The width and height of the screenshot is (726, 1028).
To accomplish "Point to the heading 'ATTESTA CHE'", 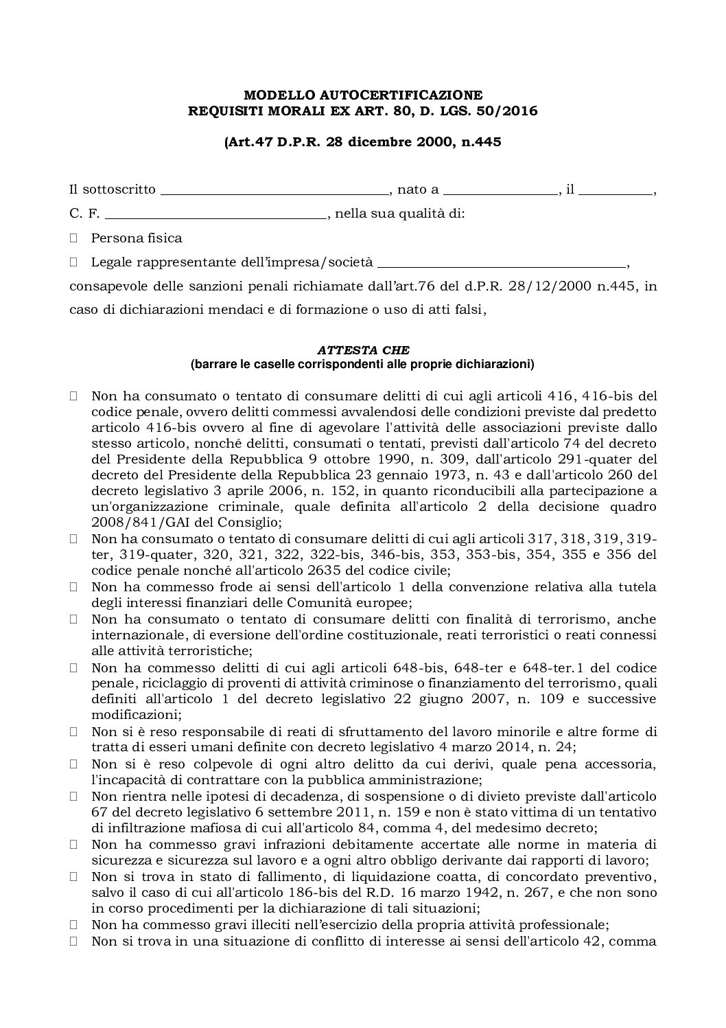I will coord(362,350).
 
